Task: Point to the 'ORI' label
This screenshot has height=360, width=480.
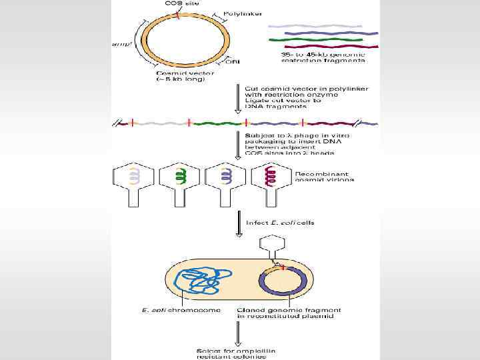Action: coord(233,63)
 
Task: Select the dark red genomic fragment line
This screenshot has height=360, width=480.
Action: coord(323,47)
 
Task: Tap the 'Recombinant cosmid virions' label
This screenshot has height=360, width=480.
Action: coord(325,175)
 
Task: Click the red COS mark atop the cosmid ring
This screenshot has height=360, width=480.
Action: coord(178,13)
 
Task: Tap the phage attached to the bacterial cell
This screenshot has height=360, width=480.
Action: coord(271,249)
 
